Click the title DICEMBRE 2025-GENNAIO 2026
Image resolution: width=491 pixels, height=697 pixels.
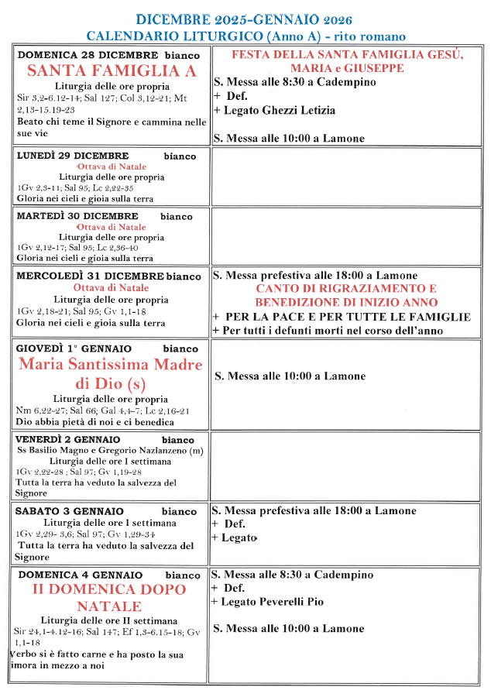click(245, 19)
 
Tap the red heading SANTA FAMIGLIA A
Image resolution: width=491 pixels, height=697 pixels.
click(112, 70)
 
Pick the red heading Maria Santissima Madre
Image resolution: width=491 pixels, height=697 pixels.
click(111, 365)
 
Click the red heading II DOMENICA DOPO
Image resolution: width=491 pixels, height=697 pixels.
click(111, 590)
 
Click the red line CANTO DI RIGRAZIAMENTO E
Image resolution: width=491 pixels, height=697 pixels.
click(346, 289)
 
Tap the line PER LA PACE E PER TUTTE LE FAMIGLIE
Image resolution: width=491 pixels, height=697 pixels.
click(345, 317)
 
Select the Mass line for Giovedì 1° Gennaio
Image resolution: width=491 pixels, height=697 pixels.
click(290, 376)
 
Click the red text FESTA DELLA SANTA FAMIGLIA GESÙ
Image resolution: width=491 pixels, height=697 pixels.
click(348, 55)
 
